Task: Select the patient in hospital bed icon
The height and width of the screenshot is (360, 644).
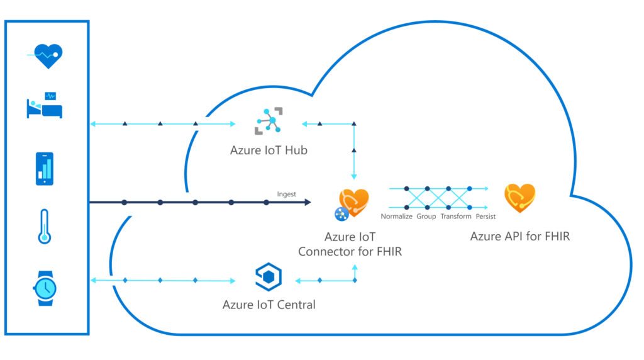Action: pos(45,105)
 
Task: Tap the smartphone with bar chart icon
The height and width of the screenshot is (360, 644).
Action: pos(45,169)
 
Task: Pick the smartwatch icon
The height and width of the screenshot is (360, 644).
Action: pos(45,288)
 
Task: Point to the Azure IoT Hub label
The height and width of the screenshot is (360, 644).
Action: pos(269,151)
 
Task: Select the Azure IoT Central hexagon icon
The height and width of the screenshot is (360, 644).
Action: pos(269,277)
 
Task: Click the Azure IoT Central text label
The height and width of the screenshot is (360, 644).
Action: pos(269,305)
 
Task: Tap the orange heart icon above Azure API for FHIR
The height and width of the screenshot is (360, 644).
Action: pos(519,198)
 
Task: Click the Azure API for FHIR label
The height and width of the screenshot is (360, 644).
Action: pos(519,237)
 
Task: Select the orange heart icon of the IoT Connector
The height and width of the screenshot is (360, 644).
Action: pos(354,201)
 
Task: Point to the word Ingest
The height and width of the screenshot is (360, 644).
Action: pos(286,194)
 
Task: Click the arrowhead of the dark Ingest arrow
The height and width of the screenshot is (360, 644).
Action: pos(308,202)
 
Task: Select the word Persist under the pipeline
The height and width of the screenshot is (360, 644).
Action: pos(486,217)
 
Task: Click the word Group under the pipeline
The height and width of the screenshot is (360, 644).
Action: pos(426,217)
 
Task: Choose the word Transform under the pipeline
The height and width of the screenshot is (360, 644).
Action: pos(456,217)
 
